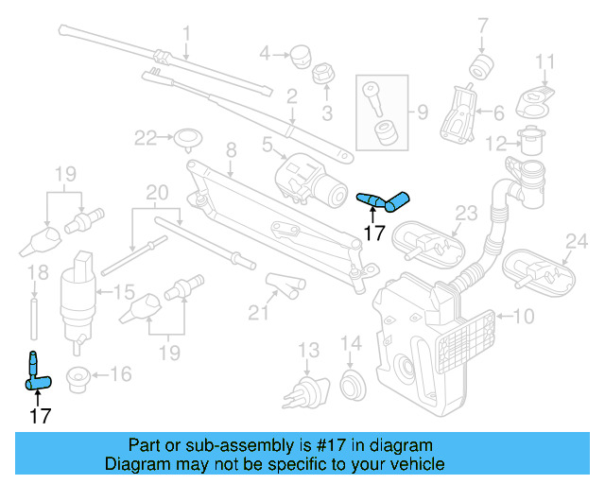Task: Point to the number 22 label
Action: [x=145, y=138]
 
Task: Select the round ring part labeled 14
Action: [x=351, y=383]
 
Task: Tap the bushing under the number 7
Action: [x=483, y=67]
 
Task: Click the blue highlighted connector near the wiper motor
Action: [x=384, y=199]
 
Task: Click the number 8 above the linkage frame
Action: [x=230, y=148]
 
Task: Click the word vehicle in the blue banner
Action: [x=415, y=464]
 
